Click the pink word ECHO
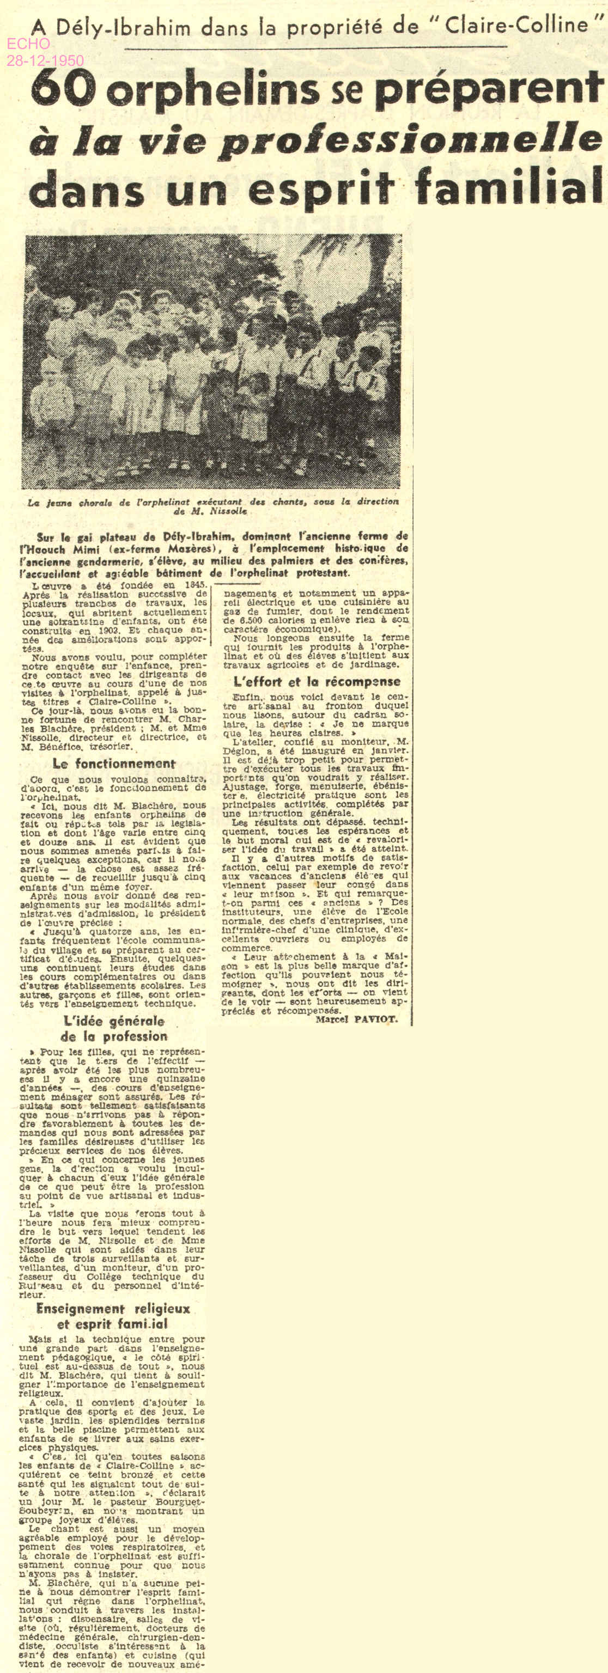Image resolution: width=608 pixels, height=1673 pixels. tap(28, 44)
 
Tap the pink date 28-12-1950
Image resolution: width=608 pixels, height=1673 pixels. tap(45, 61)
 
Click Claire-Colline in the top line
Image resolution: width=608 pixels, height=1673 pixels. tap(516, 26)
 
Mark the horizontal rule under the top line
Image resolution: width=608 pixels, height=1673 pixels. tap(315, 48)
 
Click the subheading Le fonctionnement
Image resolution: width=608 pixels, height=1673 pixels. tap(114, 764)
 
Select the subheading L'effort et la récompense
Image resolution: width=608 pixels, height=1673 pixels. tap(317, 681)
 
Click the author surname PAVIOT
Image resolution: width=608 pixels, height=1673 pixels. tap(375, 1019)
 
